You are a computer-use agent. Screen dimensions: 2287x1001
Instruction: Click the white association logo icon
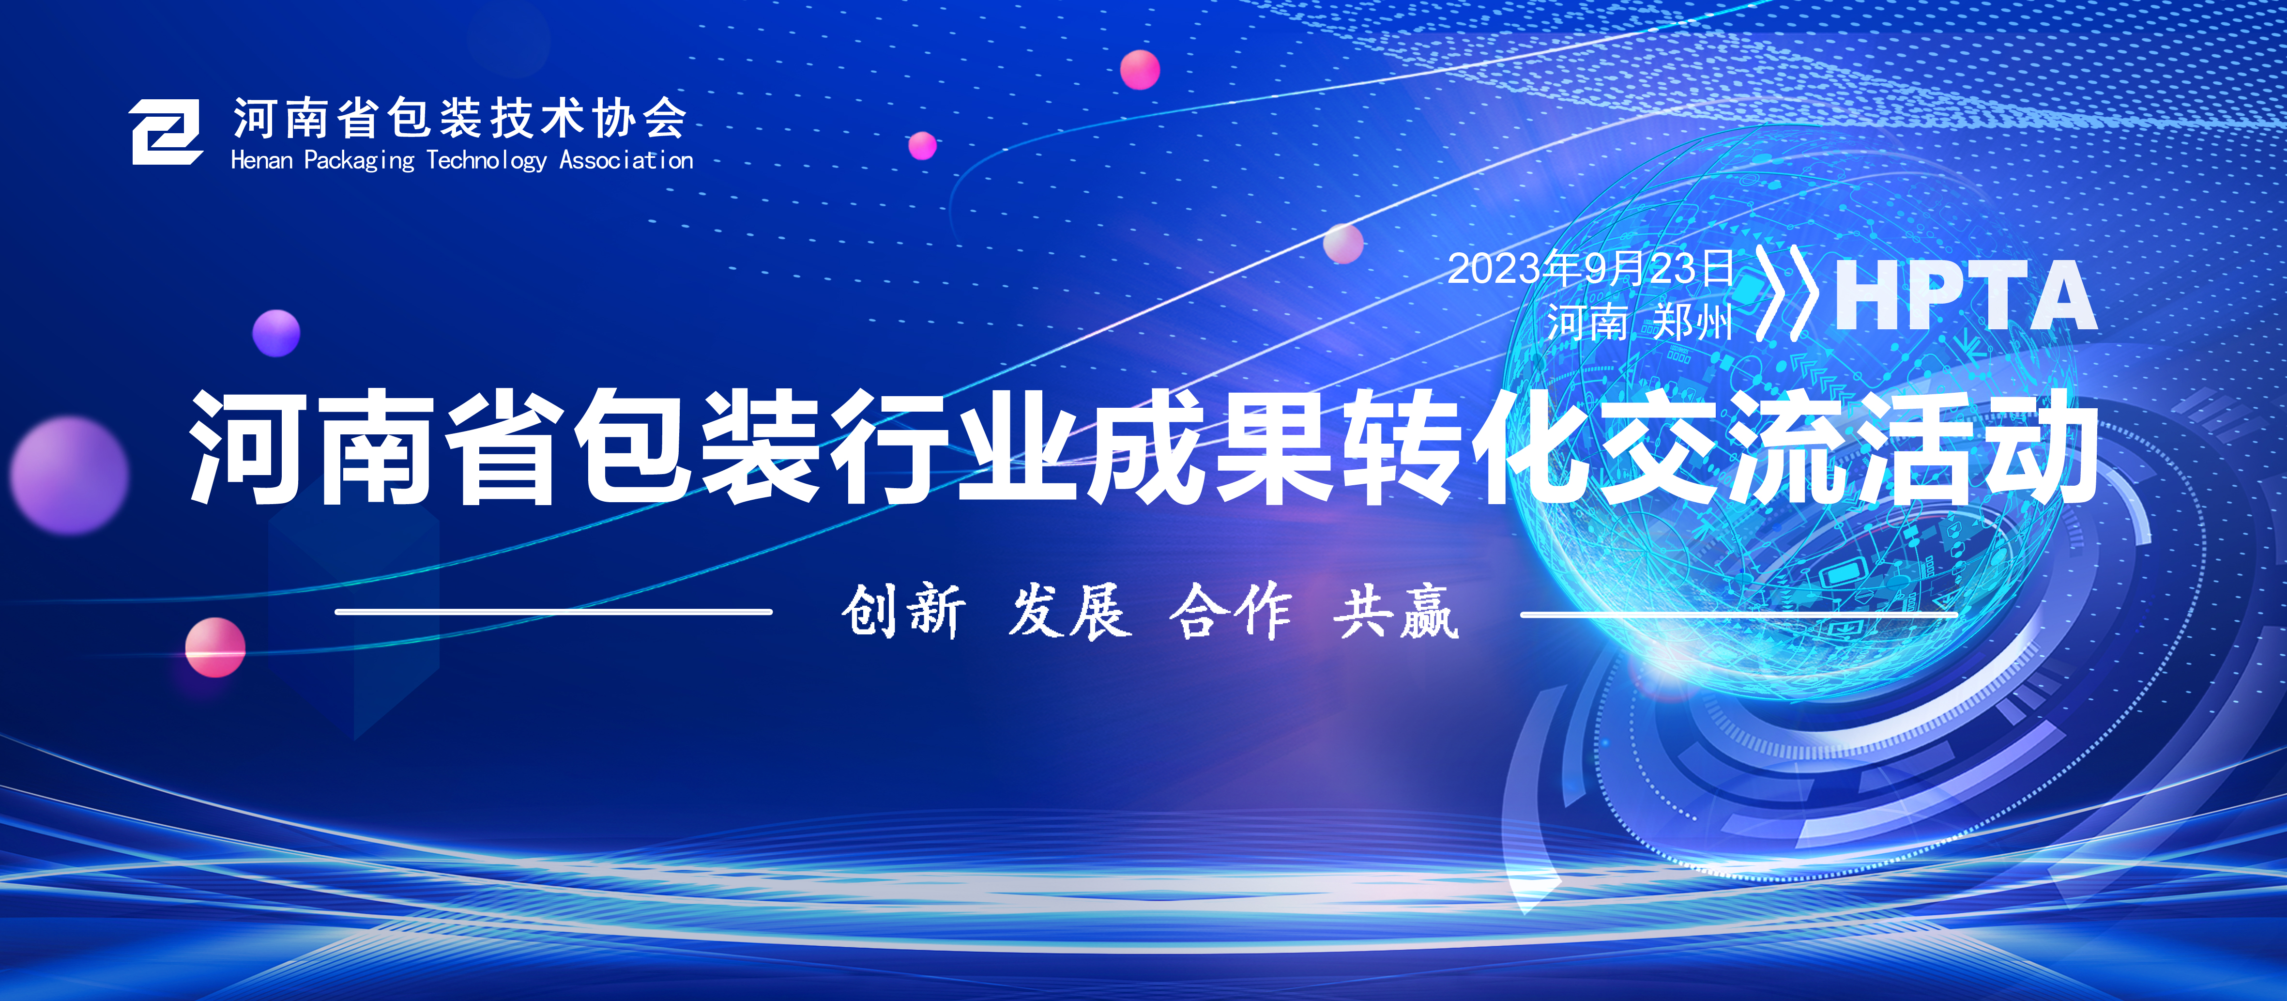(166, 132)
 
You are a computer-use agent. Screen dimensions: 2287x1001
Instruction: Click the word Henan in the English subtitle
(262, 161)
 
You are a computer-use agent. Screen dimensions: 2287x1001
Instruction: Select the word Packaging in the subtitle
(360, 161)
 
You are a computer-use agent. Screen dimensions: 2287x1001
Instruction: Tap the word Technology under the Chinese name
(487, 161)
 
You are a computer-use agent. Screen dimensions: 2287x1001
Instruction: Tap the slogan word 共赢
(1396, 611)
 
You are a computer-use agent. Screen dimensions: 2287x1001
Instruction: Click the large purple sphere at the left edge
(69, 475)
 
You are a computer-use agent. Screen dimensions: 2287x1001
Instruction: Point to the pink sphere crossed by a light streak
(215, 647)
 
